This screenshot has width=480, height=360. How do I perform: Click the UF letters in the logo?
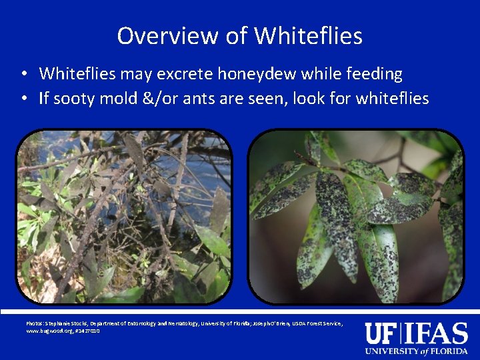coord(381,333)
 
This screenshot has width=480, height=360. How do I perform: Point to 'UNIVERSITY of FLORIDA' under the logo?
coord(416,351)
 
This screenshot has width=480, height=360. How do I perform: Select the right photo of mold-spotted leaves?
coord(356,217)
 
